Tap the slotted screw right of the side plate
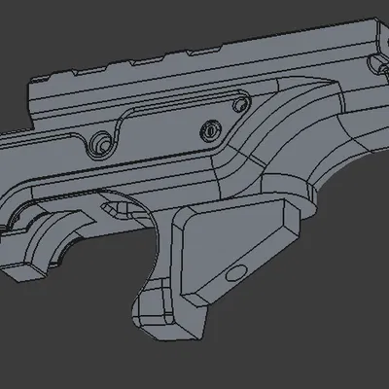point(211,128)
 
